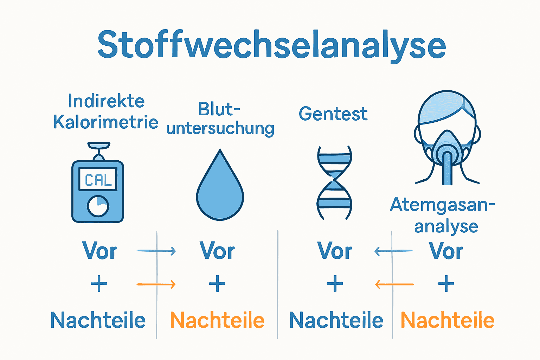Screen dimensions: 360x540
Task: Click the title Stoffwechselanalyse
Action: (x=271, y=45)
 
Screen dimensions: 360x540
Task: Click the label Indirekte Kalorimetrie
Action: (x=105, y=112)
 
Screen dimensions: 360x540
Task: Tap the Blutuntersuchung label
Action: (x=220, y=119)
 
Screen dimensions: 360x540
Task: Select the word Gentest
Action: (x=333, y=114)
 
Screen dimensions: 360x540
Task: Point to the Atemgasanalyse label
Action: (x=443, y=215)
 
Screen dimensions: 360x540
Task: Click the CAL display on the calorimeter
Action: (x=98, y=180)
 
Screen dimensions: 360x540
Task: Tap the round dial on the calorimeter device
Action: (x=98, y=206)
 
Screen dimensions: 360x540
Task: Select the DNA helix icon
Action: (x=334, y=183)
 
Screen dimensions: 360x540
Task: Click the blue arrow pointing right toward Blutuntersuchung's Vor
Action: (x=156, y=251)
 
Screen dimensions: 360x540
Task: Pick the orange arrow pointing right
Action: (x=156, y=284)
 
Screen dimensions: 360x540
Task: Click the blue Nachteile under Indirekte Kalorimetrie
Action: (x=98, y=320)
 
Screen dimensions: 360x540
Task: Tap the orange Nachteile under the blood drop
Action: (x=217, y=320)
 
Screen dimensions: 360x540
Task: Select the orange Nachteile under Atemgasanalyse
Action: (x=448, y=320)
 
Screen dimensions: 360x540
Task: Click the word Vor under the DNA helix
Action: (x=334, y=251)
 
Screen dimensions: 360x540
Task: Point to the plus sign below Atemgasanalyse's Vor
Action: (x=446, y=284)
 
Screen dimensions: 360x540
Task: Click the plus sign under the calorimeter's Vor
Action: (x=99, y=284)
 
